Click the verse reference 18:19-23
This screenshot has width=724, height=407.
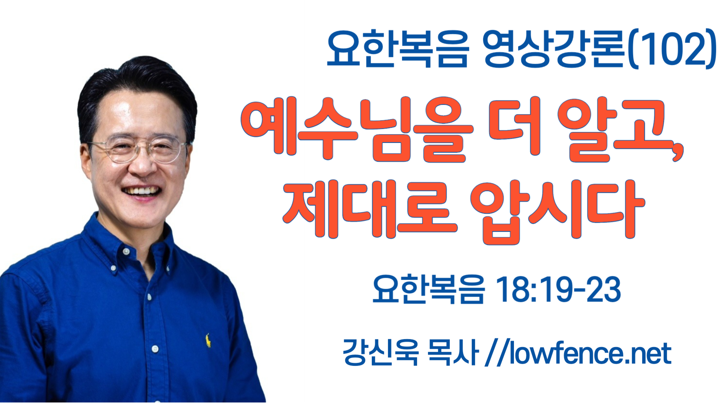pos(558,289)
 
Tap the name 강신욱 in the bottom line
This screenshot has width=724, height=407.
pos(380,352)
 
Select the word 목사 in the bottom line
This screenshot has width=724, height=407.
pos(452,352)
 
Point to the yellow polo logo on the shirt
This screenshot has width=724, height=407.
pos(208,340)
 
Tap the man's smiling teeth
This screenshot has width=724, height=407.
pos(141,190)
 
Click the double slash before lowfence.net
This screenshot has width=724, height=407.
pos(497,353)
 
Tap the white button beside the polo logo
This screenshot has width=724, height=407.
pos(155,349)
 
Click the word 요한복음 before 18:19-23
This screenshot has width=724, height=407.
pos(428,289)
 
